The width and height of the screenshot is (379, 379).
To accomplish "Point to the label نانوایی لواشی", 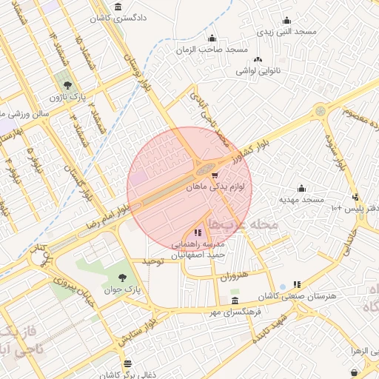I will [x=258, y=71].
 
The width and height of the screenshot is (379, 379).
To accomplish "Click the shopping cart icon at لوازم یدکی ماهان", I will [x=215, y=175].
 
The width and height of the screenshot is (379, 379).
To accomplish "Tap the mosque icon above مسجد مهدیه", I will [x=301, y=188].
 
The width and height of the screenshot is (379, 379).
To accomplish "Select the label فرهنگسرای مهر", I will [x=235, y=312].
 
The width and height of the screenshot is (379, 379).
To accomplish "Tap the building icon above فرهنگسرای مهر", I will [x=235, y=300].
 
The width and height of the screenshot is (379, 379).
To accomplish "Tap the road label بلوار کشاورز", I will [x=249, y=148].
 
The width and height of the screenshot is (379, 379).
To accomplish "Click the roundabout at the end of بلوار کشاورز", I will [x=320, y=111].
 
